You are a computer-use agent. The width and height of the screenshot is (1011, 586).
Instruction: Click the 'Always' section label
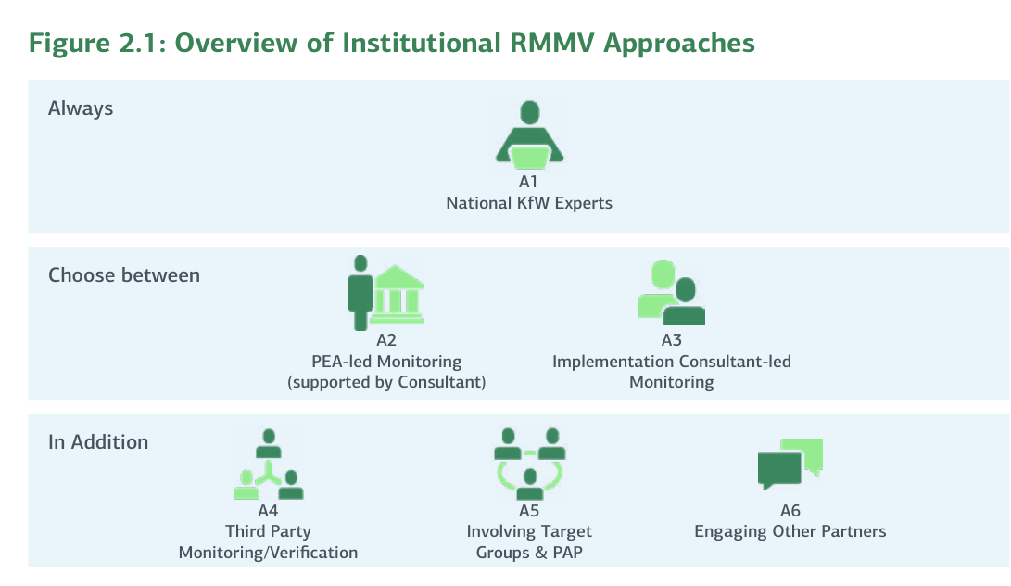[x=81, y=108]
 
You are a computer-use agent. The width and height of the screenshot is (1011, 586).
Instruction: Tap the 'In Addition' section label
[x=98, y=442]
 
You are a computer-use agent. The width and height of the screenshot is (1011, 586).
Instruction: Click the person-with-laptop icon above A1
[x=529, y=137]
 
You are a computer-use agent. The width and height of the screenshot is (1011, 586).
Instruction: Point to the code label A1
[x=529, y=182]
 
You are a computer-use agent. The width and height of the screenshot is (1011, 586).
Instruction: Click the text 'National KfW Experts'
[x=529, y=203]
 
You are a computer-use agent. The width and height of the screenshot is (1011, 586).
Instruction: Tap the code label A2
[x=386, y=340]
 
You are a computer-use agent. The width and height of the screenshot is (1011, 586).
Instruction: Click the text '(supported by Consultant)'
[x=386, y=382]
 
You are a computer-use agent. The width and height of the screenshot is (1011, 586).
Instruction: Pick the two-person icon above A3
[x=671, y=292]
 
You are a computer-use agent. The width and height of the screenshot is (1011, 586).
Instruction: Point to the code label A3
[x=672, y=340]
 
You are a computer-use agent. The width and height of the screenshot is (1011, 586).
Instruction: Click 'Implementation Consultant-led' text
[x=672, y=362]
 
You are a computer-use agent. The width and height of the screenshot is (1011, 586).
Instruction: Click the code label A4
[x=268, y=511]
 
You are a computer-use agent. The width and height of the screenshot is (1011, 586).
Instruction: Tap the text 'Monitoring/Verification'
[x=268, y=553]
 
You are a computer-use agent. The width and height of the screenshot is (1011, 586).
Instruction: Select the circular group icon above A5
[x=529, y=461]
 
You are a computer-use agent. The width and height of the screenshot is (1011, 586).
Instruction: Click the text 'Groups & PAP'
[x=529, y=553]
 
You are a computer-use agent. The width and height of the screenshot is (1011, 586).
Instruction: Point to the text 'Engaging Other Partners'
[x=790, y=532]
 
